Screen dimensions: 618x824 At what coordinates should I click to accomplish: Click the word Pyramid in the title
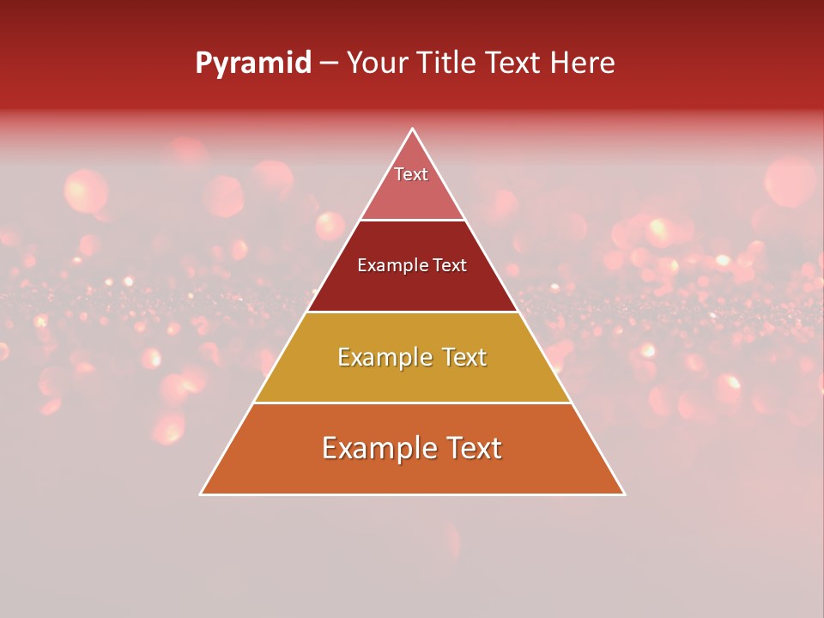pos(253,64)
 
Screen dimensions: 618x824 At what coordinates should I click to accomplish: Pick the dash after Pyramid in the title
pos(329,64)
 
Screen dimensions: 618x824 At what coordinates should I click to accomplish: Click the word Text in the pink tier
pos(411,174)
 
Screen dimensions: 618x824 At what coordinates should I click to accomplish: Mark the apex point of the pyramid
pos(412,130)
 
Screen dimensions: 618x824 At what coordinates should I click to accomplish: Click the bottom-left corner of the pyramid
pos(201,494)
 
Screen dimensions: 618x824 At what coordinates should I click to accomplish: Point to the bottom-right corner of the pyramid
pos(624,494)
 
